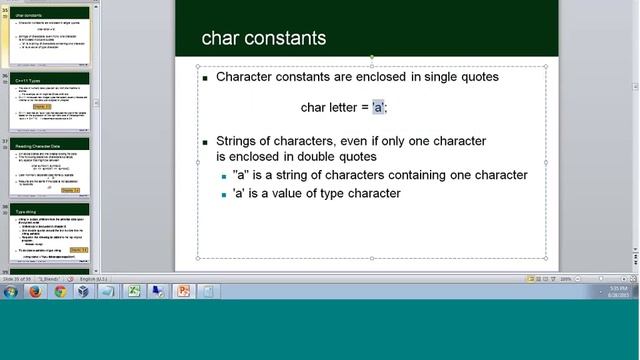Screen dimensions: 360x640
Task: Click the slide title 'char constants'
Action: tap(264, 39)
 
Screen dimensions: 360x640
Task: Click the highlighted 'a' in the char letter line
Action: tap(378, 107)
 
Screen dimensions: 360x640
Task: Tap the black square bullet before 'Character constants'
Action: tap(205, 78)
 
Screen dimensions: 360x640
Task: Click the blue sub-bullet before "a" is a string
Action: tap(224, 176)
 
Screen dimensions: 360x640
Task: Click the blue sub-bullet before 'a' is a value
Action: tap(224, 194)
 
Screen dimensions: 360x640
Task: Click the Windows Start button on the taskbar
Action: tap(11, 292)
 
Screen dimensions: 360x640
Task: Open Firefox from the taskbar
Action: tap(36, 292)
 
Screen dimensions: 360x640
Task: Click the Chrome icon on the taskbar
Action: tap(60, 292)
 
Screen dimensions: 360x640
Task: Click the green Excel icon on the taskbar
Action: tap(133, 292)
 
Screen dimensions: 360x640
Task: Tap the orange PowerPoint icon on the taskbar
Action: tap(183, 292)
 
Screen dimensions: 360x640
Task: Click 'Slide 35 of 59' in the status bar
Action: tap(23, 278)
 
